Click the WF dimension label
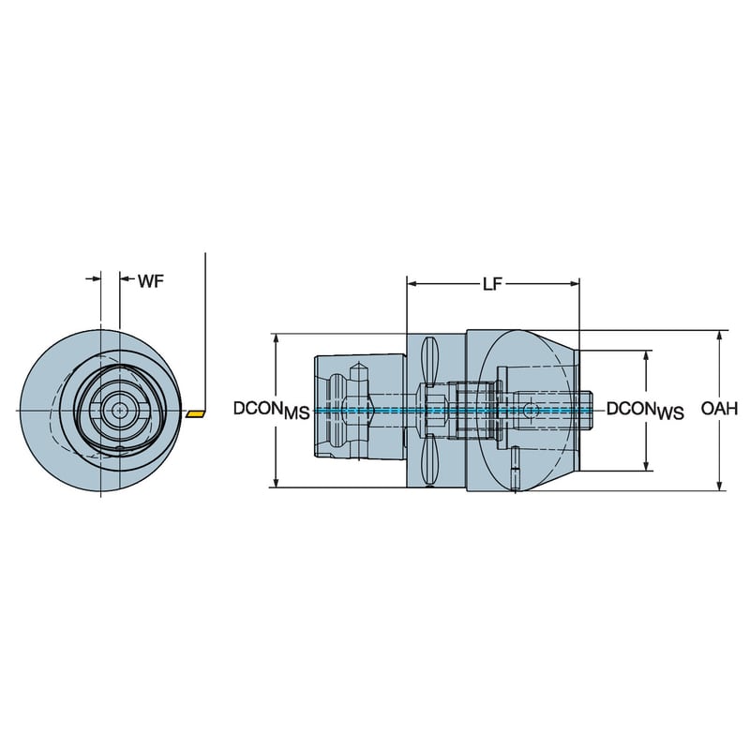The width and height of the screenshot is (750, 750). (x=151, y=280)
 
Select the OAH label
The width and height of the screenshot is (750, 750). (x=719, y=409)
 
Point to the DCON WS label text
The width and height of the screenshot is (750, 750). (x=645, y=410)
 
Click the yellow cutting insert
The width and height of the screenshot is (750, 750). (x=194, y=412)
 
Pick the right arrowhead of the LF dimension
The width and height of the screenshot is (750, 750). (x=574, y=281)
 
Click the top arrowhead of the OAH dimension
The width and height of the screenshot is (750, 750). (x=719, y=337)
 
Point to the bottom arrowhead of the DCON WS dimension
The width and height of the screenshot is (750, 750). (x=645, y=464)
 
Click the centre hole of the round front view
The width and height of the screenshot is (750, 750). (x=118, y=410)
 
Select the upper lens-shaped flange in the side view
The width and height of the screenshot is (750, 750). (x=430, y=361)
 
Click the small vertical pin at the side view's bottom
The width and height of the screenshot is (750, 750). (x=517, y=469)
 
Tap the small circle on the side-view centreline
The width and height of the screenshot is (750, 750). (x=531, y=411)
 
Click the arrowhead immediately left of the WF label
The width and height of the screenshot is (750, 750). (x=126, y=278)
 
